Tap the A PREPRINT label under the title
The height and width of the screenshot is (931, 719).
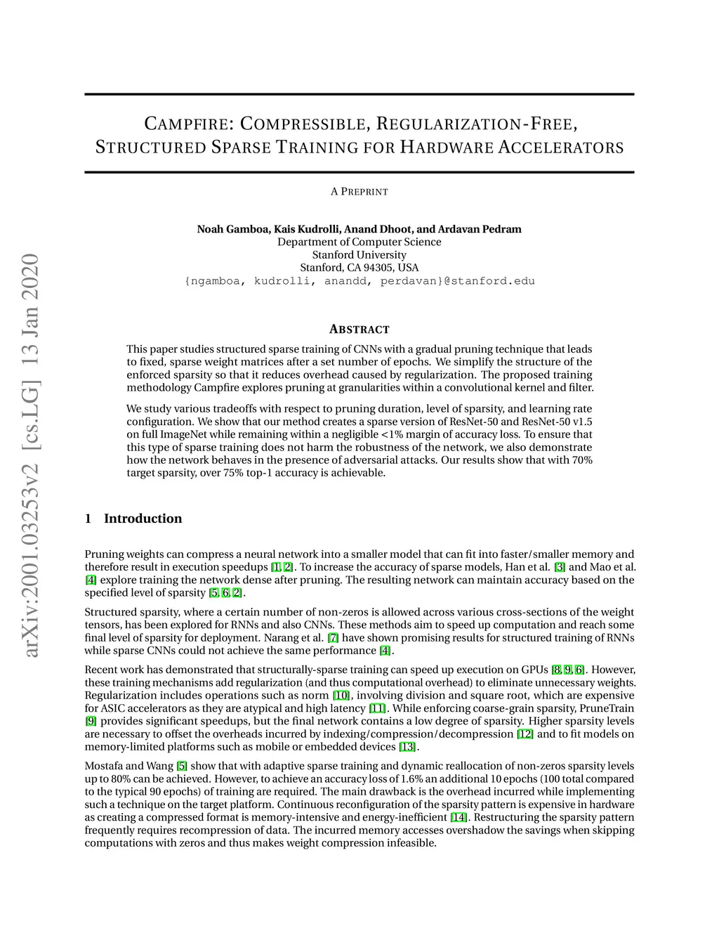click(359, 192)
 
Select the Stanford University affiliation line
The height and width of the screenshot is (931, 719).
click(359, 255)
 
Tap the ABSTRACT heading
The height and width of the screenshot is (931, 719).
click(359, 330)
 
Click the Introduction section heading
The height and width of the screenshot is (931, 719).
click(143, 519)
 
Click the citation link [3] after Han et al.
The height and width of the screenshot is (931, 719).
click(560, 567)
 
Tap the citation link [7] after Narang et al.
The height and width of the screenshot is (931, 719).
click(333, 638)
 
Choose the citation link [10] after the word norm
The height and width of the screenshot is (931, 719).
click(341, 696)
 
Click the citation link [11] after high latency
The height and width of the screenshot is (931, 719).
click(377, 708)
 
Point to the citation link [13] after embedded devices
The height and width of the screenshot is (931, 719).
click(407, 747)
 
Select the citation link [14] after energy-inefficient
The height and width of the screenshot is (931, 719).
click(459, 817)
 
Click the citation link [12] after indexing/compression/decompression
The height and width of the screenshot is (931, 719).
click(525, 734)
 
